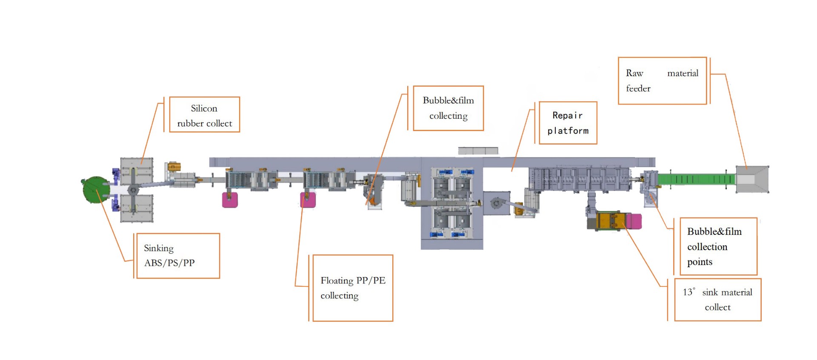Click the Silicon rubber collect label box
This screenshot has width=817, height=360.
[204, 114]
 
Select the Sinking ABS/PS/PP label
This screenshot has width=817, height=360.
[178, 256]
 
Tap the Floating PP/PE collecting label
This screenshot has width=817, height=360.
[353, 288]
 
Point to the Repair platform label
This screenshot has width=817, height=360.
[568, 123]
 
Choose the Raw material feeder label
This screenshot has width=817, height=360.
[662, 81]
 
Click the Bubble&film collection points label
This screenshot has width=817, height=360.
[718, 246]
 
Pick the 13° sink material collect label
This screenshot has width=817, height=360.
[717, 300]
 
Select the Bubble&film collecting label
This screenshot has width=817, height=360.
[448, 108]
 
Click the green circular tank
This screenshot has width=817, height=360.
[96, 190]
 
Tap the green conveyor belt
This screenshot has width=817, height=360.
[696, 179]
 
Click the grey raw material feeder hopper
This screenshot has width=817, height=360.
[752, 180]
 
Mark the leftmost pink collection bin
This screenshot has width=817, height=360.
[230, 200]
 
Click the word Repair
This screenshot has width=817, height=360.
[567, 115]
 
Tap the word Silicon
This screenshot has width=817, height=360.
[204, 109]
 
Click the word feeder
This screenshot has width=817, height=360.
[638, 89]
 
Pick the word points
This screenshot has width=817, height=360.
[700, 262]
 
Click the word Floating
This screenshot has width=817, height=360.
[337, 280]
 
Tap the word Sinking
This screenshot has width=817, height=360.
[158, 248]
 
